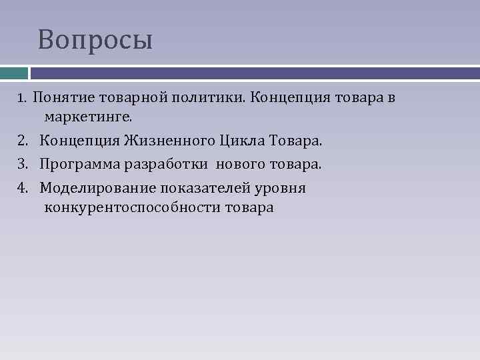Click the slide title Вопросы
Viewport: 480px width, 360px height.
pos(95,40)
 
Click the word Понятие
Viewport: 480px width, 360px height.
pos(63,98)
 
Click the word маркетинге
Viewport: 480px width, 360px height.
pos(89,117)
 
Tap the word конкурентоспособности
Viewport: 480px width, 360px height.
pos(132,207)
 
